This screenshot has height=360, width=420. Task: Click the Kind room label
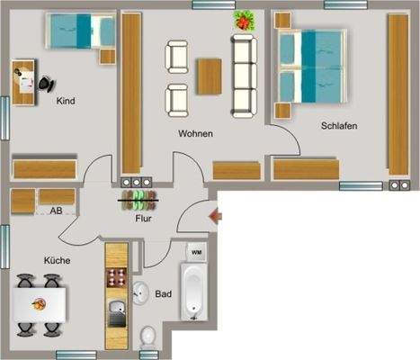point(65,102)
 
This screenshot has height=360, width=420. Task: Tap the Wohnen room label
point(195,134)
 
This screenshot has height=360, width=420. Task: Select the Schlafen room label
point(339,127)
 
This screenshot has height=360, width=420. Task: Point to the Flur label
point(143,218)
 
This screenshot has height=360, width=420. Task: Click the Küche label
point(58,261)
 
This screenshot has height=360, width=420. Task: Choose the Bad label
point(164,294)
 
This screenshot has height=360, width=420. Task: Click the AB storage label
point(56,211)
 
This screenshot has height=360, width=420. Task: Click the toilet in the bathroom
point(149,337)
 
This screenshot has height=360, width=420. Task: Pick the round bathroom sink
point(141,292)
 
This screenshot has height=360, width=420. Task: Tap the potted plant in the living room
point(243,19)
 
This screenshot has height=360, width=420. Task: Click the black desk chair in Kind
point(45,82)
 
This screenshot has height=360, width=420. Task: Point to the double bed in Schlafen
point(311,67)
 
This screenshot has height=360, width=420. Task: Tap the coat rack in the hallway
point(140,197)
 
